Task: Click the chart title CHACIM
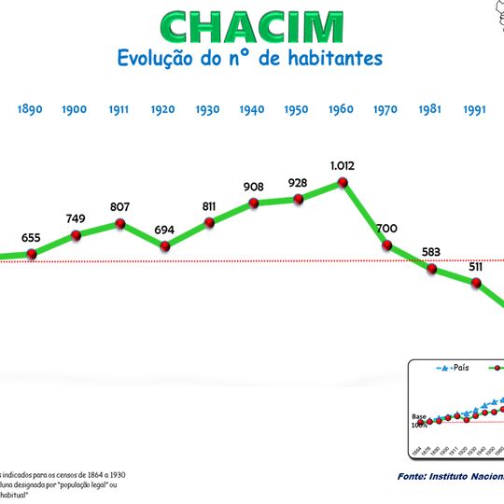pos(251,27)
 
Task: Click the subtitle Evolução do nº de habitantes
pos(249,58)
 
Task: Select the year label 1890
pos(30,109)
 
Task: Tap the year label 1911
pos(119,109)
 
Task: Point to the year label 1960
pos(341,109)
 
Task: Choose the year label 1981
pos(429,109)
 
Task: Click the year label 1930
pos(207,109)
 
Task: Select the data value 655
pos(31,238)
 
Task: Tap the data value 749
pos(76,218)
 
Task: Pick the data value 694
pos(164,230)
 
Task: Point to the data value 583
pos(431,251)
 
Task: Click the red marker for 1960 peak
pos(343,182)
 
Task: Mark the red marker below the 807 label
pos(120,224)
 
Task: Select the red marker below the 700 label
pos(387,245)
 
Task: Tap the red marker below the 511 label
pos(476,284)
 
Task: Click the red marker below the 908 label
pos(254,203)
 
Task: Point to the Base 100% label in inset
pos(419,420)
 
